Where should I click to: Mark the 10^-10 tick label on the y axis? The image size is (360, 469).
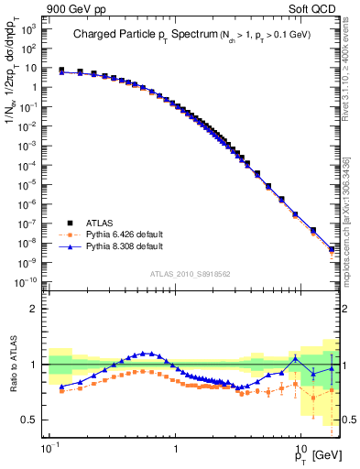coord(27,281)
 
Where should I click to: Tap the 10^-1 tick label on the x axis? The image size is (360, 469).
coord(48,449)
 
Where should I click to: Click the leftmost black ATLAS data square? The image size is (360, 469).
coord(61,70)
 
